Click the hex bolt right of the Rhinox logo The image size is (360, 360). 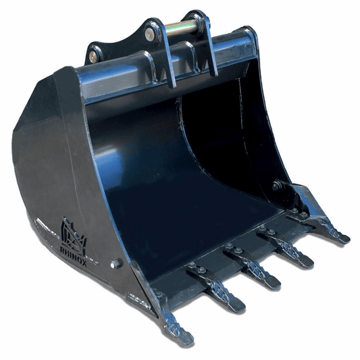[116, 263]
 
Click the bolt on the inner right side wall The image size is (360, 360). [277, 185]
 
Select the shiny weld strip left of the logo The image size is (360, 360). [45, 224]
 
